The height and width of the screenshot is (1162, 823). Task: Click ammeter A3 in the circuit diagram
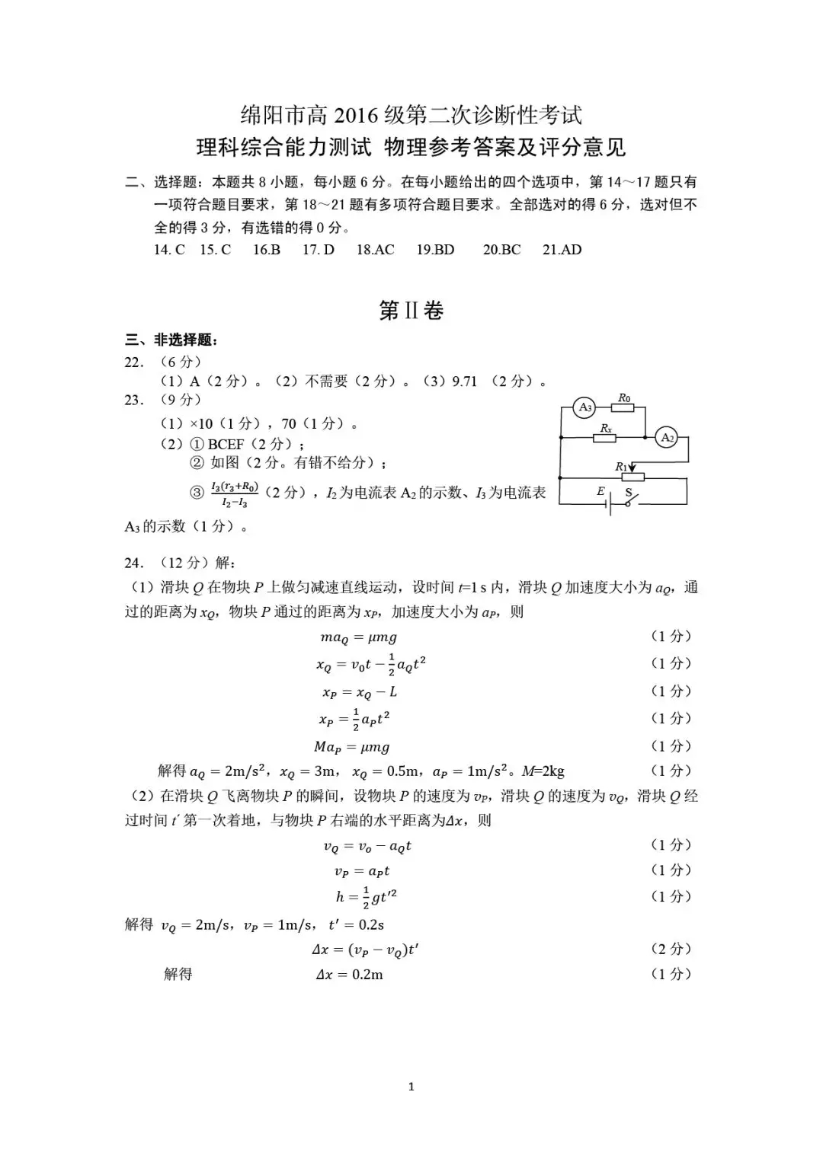coord(585,407)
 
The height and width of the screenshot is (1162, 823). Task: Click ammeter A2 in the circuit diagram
coord(667,437)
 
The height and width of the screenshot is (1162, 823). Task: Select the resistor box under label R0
coord(623,407)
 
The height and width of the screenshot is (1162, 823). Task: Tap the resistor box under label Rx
coord(605,438)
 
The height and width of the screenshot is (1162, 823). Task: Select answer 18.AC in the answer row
coord(375,250)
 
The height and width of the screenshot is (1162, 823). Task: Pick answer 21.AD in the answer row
coord(562,250)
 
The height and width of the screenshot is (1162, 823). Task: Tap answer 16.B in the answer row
coord(267,250)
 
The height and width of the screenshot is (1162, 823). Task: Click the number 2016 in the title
coord(356,116)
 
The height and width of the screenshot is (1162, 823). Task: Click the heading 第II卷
coord(411,311)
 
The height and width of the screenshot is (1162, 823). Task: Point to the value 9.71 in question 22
coord(464,381)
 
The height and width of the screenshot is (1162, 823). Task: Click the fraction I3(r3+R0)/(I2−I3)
coord(235,494)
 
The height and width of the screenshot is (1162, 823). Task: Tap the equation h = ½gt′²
coord(367,897)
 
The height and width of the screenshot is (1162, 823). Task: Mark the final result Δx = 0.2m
coord(350,975)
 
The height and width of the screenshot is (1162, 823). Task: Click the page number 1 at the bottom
coord(411,1087)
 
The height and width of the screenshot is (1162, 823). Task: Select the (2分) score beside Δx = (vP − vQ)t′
coord(671,949)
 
